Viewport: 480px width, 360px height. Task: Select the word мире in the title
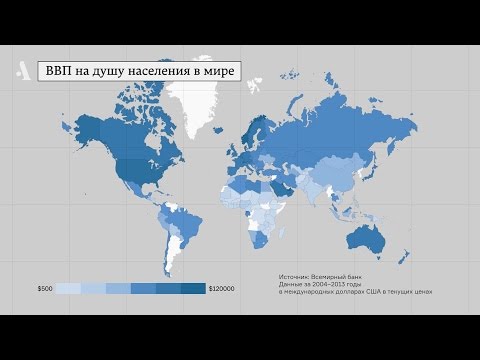(219, 73)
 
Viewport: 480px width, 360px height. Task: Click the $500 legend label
(45, 289)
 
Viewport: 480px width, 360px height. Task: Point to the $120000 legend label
(222, 289)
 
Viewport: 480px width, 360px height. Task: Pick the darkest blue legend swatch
(194, 289)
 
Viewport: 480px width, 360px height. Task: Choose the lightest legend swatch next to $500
(68, 289)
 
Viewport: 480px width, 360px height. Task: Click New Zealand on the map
(403, 260)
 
